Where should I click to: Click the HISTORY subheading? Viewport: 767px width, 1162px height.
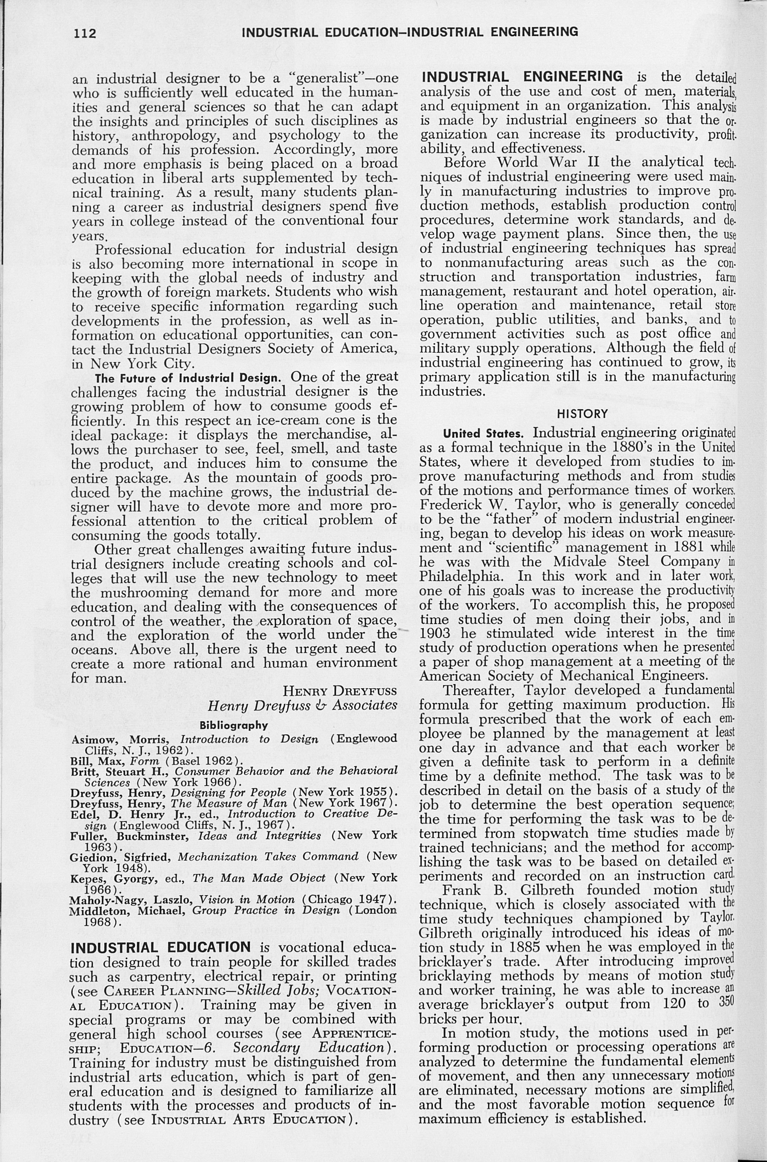point(582,414)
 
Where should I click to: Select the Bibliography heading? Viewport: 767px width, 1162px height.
point(234,725)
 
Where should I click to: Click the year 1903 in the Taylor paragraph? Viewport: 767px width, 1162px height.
point(435,633)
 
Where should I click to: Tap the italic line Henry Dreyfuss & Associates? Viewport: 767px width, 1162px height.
point(302,706)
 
